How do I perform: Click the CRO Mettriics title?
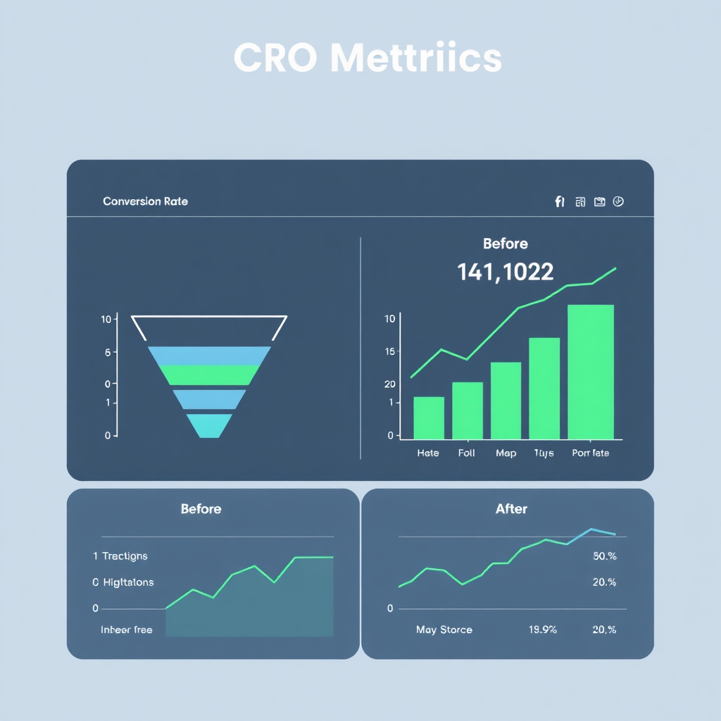(x=367, y=58)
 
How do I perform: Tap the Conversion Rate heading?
(x=145, y=201)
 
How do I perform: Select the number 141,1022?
(x=505, y=272)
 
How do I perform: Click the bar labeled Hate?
(x=428, y=418)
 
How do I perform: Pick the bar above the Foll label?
(x=467, y=410)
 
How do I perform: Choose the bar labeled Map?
(x=506, y=401)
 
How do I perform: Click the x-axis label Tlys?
(x=544, y=453)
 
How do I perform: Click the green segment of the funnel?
(x=209, y=375)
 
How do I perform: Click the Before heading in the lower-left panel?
(x=201, y=509)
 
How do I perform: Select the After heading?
(x=511, y=509)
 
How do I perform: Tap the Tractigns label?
(x=125, y=556)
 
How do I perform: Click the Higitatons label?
(x=127, y=583)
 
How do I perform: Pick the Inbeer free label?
(x=127, y=629)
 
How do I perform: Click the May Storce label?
(x=444, y=629)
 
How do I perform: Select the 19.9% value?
(x=542, y=629)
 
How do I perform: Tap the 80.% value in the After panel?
(x=604, y=556)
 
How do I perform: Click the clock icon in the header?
(x=618, y=201)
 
